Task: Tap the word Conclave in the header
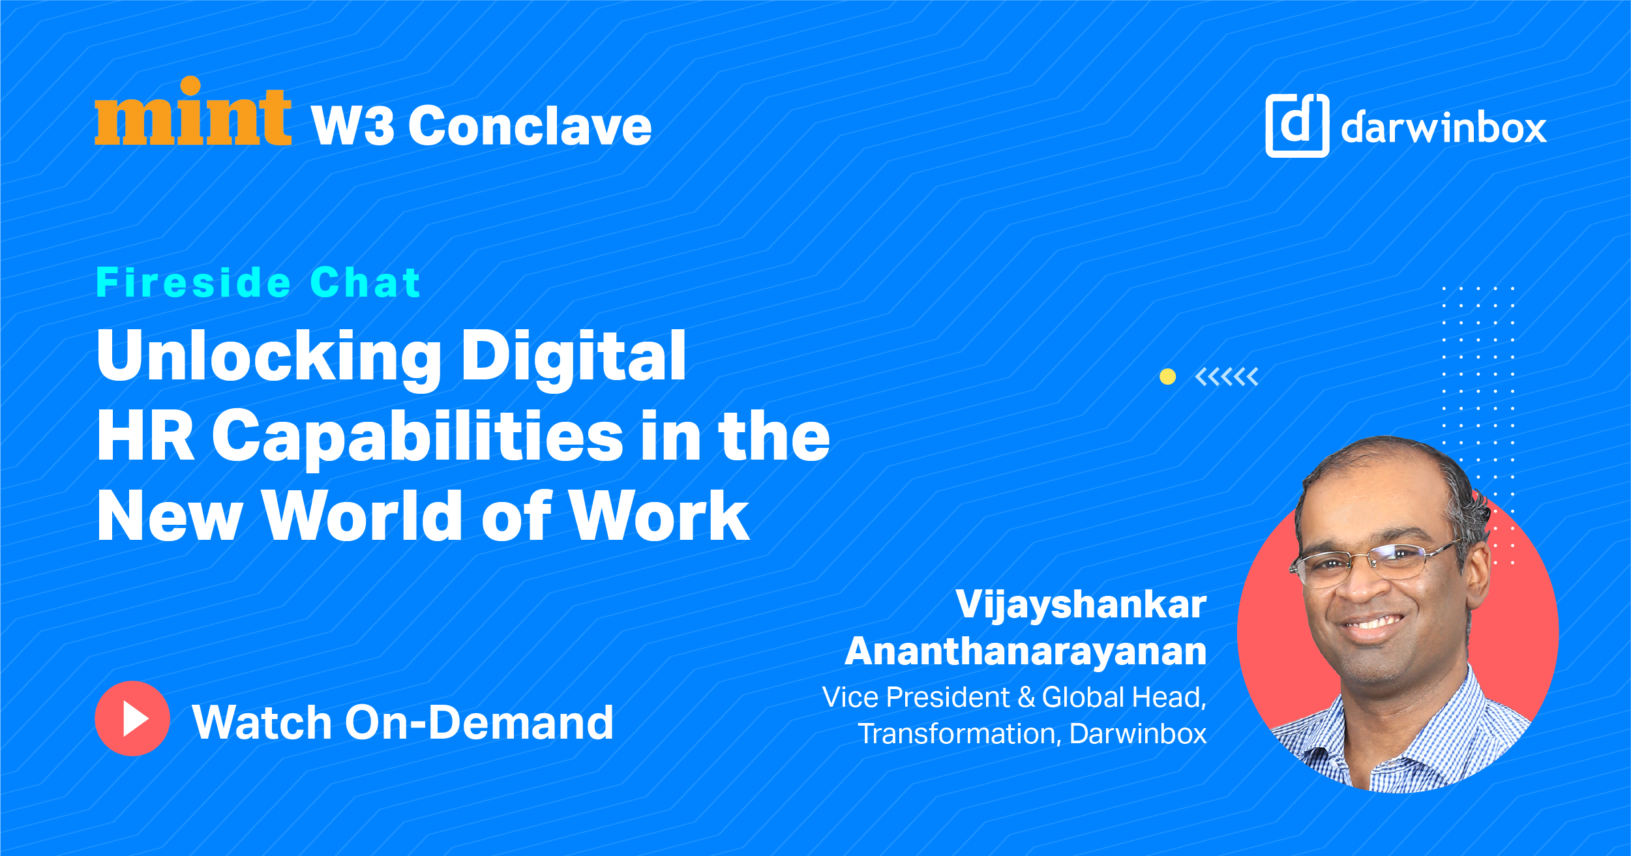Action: (530, 126)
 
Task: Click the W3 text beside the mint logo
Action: (353, 126)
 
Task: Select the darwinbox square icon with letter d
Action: (1297, 125)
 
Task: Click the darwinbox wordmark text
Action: (1444, 127)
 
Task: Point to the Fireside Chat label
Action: (258, 282)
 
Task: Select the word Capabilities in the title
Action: (418, 437)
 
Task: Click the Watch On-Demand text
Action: (403, 722)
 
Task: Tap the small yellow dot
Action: (1167, 376)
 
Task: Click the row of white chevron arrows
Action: (1227, 377)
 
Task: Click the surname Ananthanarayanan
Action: (1026, 651)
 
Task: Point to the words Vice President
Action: (916, 697)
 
